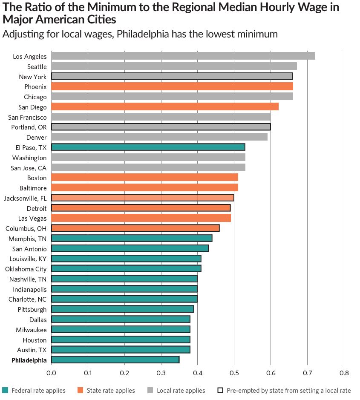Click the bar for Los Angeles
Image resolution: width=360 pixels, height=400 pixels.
point(183,56)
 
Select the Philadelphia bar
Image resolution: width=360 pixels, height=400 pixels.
point(115,360)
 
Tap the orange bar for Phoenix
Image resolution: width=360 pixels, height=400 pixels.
point(172,86)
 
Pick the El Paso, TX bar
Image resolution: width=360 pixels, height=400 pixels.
point(148,147)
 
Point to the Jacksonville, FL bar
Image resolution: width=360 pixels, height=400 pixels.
point(142,198)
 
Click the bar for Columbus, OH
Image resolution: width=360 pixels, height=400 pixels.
point(135,228)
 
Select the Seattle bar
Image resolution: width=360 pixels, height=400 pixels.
point(174,66)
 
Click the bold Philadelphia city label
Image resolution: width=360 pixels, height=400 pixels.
point(29,360)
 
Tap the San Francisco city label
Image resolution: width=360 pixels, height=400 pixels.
point(28,117)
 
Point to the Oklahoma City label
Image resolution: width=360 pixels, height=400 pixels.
point(26,269)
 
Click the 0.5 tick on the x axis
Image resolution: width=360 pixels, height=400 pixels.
point(234,373)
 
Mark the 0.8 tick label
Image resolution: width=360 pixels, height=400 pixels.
point(344,373)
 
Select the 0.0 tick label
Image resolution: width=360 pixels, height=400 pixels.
point(51,373)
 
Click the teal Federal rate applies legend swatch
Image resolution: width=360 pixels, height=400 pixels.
point(5,390)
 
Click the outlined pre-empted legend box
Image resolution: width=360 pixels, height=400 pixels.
point(220,390)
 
